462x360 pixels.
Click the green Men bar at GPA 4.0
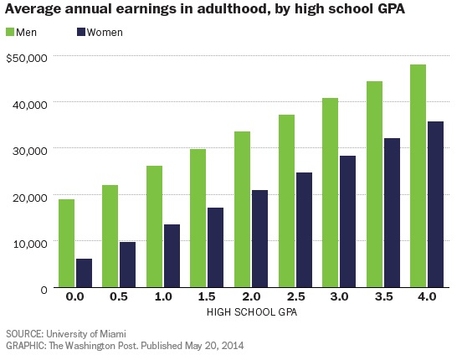pyautogui.click(x=418, y=176)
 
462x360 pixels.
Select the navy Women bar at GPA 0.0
pyautogui.click(x=84, y=273)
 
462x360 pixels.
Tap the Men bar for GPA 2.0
pyautogui.click(x=242, y=209)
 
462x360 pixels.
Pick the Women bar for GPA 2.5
pyautogui.click(x=305, y=230)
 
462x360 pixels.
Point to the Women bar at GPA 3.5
pyautogui.click(x=393, y=213)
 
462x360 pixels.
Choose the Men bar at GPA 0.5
pyautogui.click(x=110, y=236)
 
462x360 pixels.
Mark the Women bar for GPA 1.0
pyautogui.click(x=172, y=255)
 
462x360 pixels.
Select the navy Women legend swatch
pyautogui.click(x=83, y=33)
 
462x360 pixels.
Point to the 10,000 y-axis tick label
pyautogui.click(x=29, y=242)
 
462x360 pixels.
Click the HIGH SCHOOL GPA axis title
pyautogui.click(x=252, y=311)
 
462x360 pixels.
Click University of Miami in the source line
pyautogui.click(x=85, y=333)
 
